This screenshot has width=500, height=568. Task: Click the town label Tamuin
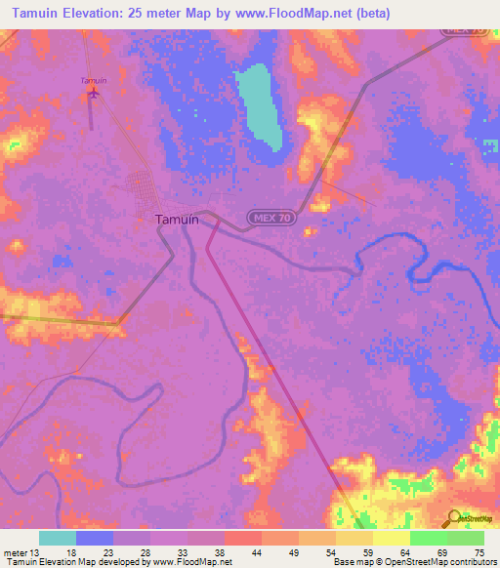[177, 220]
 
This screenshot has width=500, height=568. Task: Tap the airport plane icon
[94, 94]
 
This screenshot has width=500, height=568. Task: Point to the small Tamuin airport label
[93, 80]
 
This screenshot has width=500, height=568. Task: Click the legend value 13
[37, 551]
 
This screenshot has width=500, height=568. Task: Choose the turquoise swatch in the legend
[58, 538]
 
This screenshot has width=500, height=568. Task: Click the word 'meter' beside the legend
[15, 551]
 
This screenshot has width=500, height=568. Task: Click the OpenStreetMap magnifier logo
[455, 520]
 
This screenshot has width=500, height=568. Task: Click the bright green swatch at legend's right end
[466, 538]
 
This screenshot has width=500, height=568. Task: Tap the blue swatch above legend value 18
[95, 538]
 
